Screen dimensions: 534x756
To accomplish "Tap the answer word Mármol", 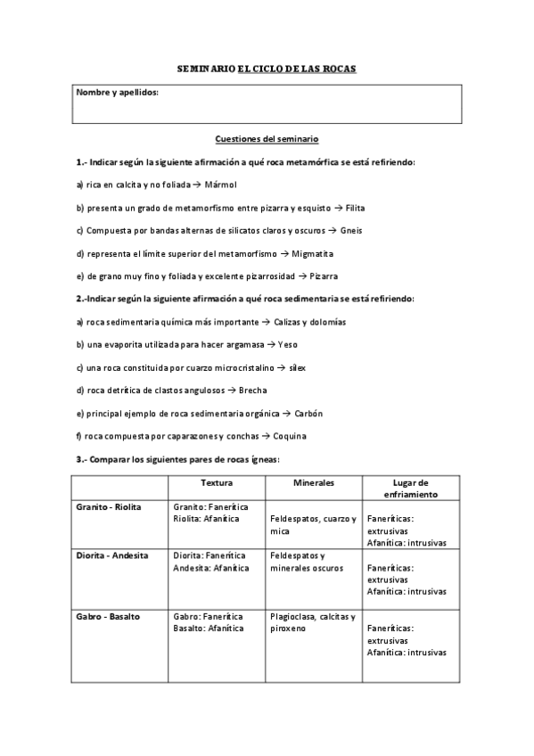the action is click(222, 185).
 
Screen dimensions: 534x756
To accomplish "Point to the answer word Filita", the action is click(355, 208).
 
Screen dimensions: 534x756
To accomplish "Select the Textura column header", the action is click(217, 482).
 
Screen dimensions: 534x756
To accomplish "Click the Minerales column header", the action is click(314, 482).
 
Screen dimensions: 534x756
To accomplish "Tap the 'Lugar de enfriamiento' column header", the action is click(410, 488).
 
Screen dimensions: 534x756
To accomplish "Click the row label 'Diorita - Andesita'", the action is click(112, 555).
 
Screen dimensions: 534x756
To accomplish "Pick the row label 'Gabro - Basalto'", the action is click(107, 616).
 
